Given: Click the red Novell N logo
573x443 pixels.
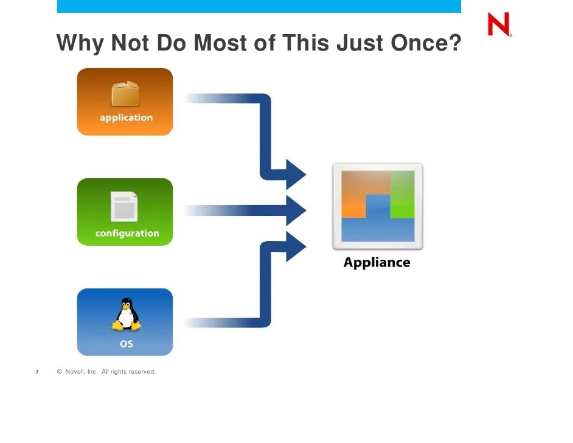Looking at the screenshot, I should pyautogui.click(x=499, y=25).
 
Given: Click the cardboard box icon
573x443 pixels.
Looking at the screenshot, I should pyautogui.click(x=125, y=94).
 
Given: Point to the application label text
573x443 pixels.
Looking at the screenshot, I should pyautogui.click(x=126, y=118).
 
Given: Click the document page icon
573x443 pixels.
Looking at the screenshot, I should pyautogui.click(x=124, y=206).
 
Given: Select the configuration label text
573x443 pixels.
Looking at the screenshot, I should pyautogui.click(x=127, y=234).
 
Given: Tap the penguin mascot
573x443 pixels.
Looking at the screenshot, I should pyautogui.click(x=126, y=315).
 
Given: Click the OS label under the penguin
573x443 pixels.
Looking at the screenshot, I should pyautogui.click(x=126, y=344).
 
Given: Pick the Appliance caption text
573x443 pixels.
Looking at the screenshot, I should pyautogui.click(x=377, y=263).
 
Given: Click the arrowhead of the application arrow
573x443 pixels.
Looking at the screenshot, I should pyautogui.click(x=296, y=175).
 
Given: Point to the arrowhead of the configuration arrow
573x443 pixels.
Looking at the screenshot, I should pyautogui.click(x=296, y=211).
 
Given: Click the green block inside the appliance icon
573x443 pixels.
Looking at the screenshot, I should pyautogui.click(x=402, y=194).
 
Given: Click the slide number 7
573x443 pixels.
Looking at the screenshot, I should pyautogui.click(x=37, y=372).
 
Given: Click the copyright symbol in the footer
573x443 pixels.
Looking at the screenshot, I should pyautogui.click(x=60, y=372).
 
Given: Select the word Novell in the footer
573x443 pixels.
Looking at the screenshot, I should pyautogui.click(x=76, y=372).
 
